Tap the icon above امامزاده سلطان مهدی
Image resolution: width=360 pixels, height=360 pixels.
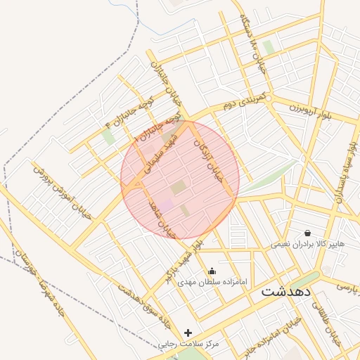[212, 271]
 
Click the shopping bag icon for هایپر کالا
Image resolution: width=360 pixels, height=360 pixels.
[307, 233]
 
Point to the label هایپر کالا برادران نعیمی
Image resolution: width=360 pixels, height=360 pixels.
[309, 244]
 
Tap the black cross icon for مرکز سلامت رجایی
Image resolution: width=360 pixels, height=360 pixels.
[188, 333]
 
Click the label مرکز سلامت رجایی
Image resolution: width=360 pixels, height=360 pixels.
[188, 345]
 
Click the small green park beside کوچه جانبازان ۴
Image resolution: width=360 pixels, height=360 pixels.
[108, 136]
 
